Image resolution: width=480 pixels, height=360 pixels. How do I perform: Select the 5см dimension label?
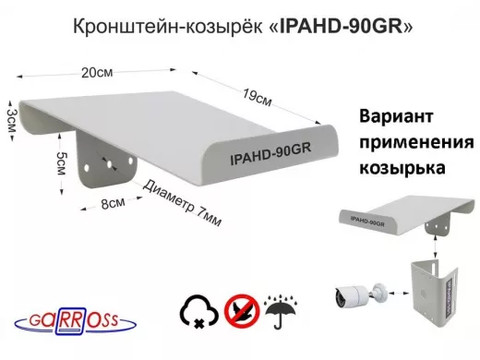pyautogui.click(x=59, y=164)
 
